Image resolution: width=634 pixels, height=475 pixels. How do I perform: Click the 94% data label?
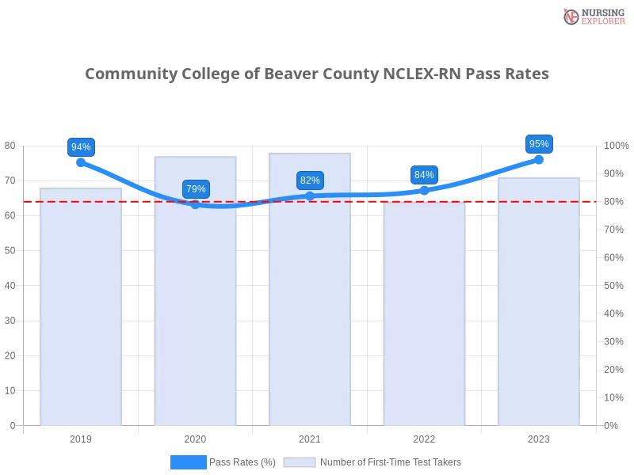tap(81, 147)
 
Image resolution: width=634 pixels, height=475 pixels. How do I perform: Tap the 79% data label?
tap(196, 189)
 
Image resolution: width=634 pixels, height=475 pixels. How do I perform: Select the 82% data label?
tap(310, 180)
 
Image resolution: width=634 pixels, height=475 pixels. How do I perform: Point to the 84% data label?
tap(424, 175)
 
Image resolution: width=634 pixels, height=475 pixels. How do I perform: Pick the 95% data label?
tap(539, 144)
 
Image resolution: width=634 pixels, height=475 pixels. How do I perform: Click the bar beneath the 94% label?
tap(81, 309)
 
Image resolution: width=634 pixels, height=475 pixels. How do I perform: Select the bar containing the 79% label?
tap(196, 317)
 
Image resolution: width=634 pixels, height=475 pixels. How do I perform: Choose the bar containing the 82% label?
tap(310, 317)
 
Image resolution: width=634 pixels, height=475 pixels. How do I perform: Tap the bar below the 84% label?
tap(424, 317)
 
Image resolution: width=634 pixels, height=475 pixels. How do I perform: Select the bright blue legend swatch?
tap(189, 462)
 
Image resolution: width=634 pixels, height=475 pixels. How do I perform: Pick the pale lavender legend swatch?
tap(300, 462)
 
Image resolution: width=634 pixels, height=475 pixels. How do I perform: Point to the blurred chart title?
tap(317, 74)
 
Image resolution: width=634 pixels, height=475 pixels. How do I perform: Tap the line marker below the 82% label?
tap(310, 196)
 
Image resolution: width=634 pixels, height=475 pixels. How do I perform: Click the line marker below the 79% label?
tap(196, 205)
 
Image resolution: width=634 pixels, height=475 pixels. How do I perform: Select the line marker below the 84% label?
tap(424, 191)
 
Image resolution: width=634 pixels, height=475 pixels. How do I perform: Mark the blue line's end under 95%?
tap(539, 159)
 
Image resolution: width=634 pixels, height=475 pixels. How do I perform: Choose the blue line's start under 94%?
tap(81, 162)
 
